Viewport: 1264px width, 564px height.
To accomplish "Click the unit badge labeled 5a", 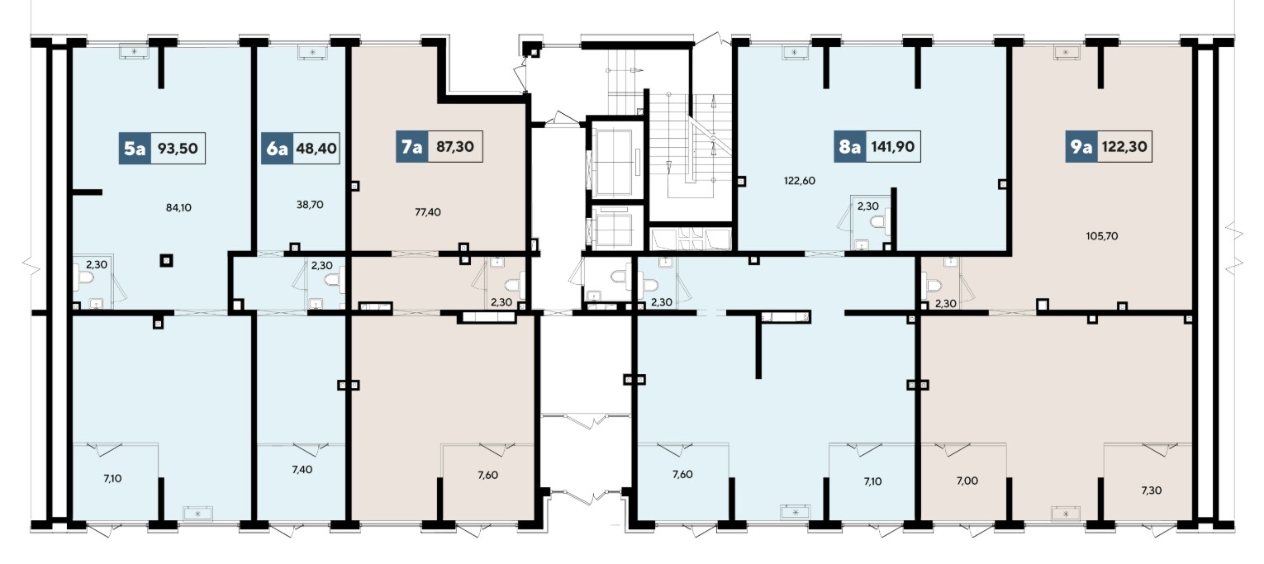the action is (x=135, y=149).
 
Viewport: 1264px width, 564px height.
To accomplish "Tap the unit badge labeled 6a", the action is (x=277, y=149).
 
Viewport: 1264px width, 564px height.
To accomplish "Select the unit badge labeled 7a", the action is (x=412, y=147).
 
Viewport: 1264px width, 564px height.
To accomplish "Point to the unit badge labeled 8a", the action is (x=850, y=147).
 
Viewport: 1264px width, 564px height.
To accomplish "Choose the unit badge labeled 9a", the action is (x=1081, y=147).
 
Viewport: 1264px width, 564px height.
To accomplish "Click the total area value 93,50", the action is (x=178, y=149).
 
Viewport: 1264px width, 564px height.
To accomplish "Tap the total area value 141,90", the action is (x=893, y=147).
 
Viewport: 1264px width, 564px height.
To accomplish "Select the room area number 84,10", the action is (x=178, y=207).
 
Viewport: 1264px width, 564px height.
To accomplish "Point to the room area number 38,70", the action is (x=310, y=205).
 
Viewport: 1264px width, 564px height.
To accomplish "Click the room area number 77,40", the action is (x=428, y=212).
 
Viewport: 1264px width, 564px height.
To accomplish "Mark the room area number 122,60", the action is (x=800, y=181).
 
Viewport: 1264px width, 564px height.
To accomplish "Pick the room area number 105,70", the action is (x=1102, y=236).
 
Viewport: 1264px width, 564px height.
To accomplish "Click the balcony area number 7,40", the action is (x=302, y=469).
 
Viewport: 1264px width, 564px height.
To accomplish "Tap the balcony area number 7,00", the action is (x=967, y=481).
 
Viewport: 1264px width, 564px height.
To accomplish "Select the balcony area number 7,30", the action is (x=1152, y=491).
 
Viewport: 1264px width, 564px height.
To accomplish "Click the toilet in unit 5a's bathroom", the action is (x=83, y=280).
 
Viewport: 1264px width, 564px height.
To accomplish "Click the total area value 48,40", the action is (x=316, y=149).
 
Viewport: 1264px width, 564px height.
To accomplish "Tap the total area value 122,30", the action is (x=1124, y=147).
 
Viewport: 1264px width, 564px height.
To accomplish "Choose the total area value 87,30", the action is (x=455, y=147).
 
